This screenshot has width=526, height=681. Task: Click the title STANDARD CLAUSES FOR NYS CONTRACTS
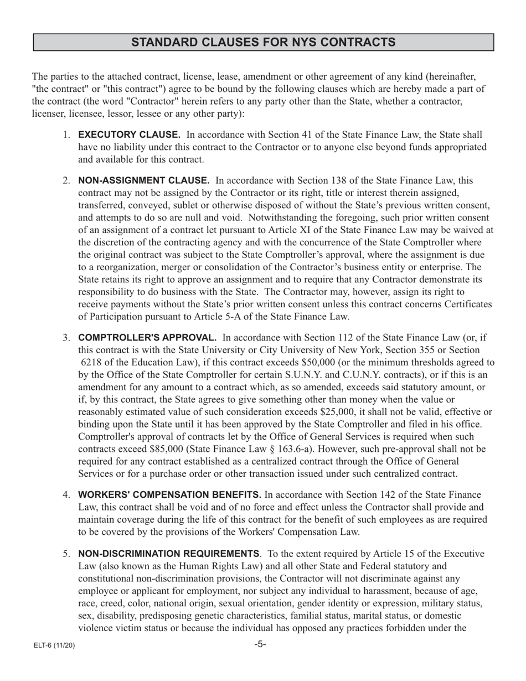pyautogui.click(x=263, y=43)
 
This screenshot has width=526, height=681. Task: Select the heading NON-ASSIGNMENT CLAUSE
pyautogui.click(x=144, y=180)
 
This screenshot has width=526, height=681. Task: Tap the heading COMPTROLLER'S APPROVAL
pyautogui.click(x=147, y=338)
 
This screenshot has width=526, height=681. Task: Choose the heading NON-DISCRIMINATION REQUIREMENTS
pyautogui.click(x=169, y=554)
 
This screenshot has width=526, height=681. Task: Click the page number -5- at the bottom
pyautogui.click(x=260, y=644)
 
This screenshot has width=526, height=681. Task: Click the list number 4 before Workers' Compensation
pyautogui.click(x=66, y=495)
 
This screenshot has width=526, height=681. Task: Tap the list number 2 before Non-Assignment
pyautogui.click(x=66, y=181)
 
